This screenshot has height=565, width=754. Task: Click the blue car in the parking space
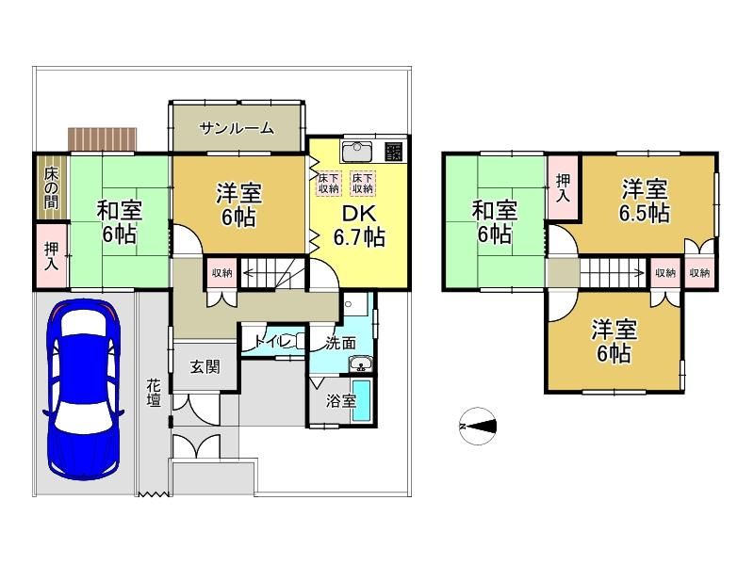[x=83, y=389]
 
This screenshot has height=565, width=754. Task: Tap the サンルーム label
[x=237, y=128]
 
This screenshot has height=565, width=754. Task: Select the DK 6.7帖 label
[x=359, y=226]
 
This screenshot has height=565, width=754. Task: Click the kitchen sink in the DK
[x=356, y=151]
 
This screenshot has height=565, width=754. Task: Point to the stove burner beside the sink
[x=393, y=152]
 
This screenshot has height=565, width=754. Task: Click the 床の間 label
[x=52, y=187]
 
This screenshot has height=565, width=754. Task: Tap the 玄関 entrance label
[x=205, y=367]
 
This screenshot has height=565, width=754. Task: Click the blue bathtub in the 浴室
[x=361, y=401]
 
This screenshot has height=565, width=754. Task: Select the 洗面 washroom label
[x=340, y=343]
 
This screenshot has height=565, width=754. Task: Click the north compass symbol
[x=478, y=427]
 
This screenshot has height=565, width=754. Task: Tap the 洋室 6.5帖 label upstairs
[x=645, y=201]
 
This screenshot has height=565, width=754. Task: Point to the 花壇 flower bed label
[x=154, y=392]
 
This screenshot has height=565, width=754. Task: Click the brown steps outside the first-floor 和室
[x=103, y=139]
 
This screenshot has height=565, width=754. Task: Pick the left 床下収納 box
[x=329, y=184]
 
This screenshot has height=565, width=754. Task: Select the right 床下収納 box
[x=363, y=184]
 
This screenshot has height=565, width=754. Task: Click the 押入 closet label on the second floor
[x=563, y=188]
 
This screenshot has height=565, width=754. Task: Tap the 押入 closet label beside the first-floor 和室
[x=52, y=256]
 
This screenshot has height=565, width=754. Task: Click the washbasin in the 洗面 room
[x=361, y=363]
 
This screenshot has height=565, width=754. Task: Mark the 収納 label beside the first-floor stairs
[x=222, y=272]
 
